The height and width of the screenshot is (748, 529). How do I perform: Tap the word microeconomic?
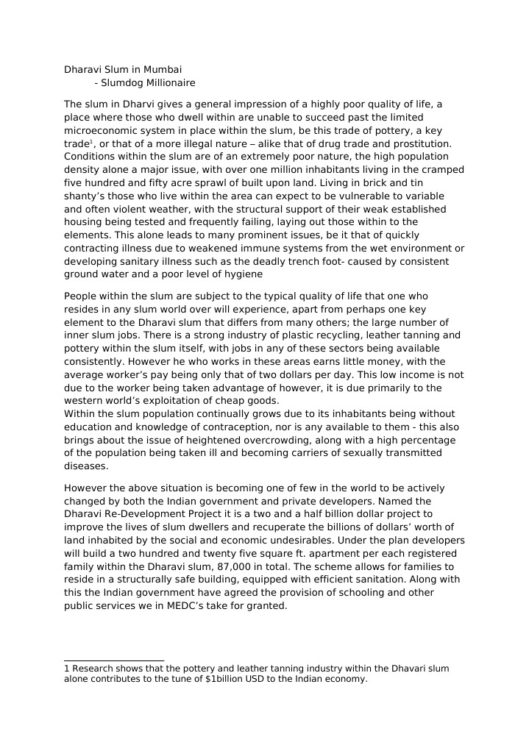click(x=100, y=131)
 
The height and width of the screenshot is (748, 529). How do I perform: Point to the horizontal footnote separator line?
click(x=114, y=660)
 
